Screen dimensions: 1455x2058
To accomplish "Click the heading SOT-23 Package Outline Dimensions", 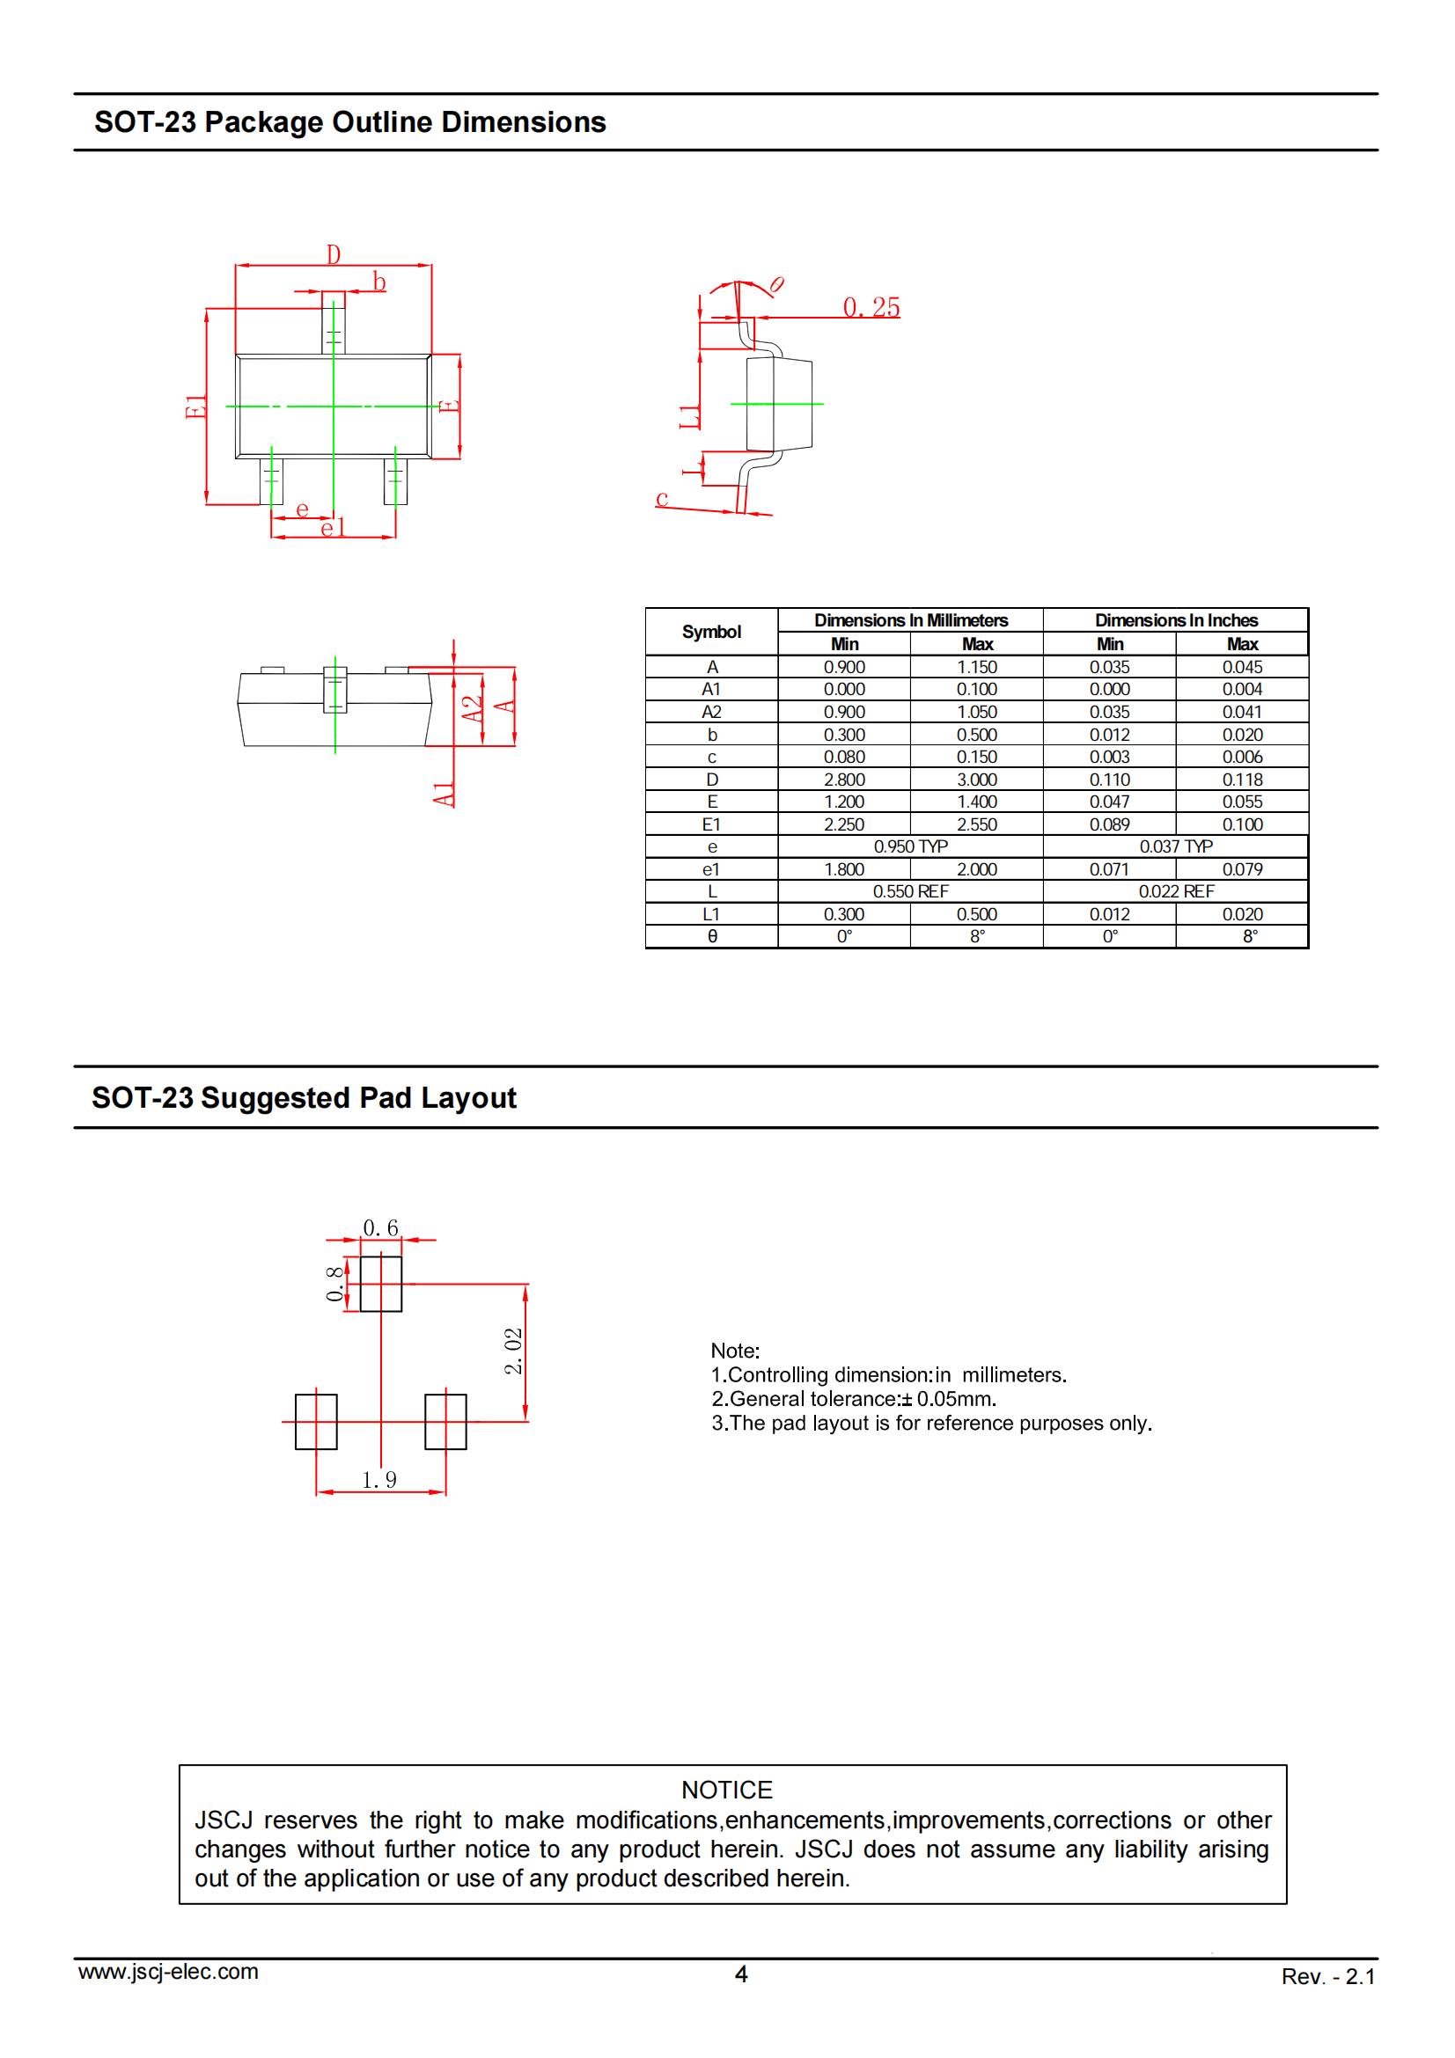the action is tap(349, 122).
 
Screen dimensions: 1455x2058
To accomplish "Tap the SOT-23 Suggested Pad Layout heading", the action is tap(304, 1097).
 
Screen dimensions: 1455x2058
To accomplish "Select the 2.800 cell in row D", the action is tap(843, 780).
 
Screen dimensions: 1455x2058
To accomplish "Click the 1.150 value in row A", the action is tap(976, 667).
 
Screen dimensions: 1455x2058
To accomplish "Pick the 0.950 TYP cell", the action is tap(910, 846).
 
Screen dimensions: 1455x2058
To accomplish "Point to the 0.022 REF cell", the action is tap(1175, 891).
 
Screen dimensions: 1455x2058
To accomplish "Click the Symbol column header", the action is tap(711, 632).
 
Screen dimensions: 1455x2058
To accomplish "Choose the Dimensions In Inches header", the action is tap(1175, 620).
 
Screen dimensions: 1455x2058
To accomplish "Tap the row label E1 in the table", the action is tap(711, 824).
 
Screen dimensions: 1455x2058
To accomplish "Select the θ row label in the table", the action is tap(712, 936).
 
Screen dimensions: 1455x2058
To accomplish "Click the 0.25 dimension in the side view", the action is tap(871, 307).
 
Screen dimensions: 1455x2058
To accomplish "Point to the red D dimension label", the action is tap(334, 254).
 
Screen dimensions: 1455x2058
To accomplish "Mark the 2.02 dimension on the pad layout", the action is tap(513, 1351).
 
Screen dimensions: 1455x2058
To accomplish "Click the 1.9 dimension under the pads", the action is tap(379, 1480).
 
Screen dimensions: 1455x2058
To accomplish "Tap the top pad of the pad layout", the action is tap(381, 1284).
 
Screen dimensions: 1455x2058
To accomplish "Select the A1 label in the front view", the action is tap(444, 795).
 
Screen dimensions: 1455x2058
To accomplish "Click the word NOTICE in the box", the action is tap(727, 1790).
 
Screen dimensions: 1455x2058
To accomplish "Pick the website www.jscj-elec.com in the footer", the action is tap(168, 1972).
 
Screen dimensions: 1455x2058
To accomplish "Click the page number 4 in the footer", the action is tap(741, 1974).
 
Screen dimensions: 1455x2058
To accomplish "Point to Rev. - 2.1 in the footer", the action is tap(1327, 1976).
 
